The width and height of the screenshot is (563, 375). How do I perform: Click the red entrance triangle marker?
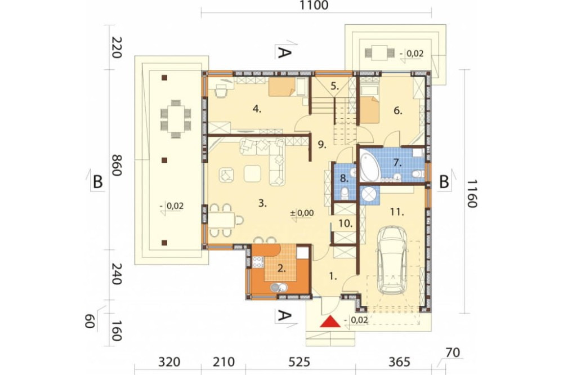tap(330, 322)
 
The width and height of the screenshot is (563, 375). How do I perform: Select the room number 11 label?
tap(397, 212)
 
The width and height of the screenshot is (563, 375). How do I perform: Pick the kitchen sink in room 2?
tap(279, 287)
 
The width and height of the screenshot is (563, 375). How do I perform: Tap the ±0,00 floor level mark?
tap(302, 213)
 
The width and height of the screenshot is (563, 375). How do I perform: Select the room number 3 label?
tap(262, 203)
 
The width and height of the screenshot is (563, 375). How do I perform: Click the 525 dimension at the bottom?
tap(299, 361)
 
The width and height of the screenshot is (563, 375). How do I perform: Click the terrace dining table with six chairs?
tap(176, 119)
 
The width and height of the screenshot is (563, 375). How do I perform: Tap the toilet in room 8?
tap(345, 193)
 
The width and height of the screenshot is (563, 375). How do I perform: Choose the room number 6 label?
tap(398, 110)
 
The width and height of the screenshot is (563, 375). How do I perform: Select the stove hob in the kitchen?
tap(258, 262)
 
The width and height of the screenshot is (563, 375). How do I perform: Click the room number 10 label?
tap(345, 224)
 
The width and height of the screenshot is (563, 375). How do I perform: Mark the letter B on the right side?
tap(444, 182)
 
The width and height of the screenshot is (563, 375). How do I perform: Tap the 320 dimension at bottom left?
tap(169, 361)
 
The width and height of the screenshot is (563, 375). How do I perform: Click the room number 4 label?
tap(257, 109)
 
